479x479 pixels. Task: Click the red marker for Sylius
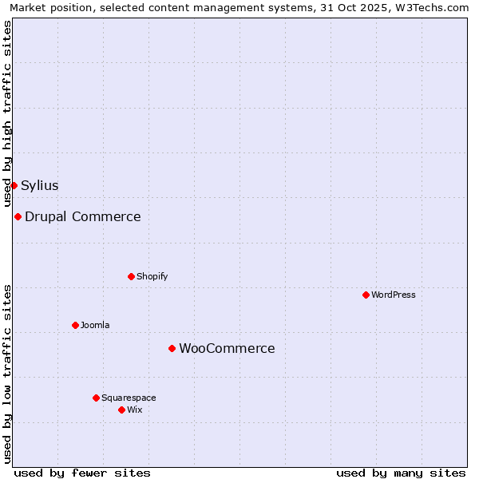tap(14, 185)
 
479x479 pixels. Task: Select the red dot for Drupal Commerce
tap(18, 216)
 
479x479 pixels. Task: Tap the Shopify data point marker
tap(131, 276)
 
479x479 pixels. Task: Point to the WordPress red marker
tap(366, 295)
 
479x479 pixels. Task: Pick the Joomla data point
tap(75, 325)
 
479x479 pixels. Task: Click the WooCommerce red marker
tap(172, 348)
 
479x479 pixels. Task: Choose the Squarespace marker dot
tap(96, 398)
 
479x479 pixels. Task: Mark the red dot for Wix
tap(121, 410)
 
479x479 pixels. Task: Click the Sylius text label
tap(40, 185)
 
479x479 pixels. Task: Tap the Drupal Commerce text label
tap(83, 216)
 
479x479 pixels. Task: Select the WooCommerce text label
tap(227, 348)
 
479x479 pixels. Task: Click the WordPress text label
tap(394, 295)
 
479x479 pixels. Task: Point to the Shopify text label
tap(152, 276)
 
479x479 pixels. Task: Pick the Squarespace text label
tap(129, 398)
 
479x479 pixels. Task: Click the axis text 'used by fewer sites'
tap(82, 473)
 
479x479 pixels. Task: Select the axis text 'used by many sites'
tap(401, 473)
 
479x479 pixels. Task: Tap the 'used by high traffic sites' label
tap(7, 113)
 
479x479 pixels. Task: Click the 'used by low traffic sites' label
tap(7, 373)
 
